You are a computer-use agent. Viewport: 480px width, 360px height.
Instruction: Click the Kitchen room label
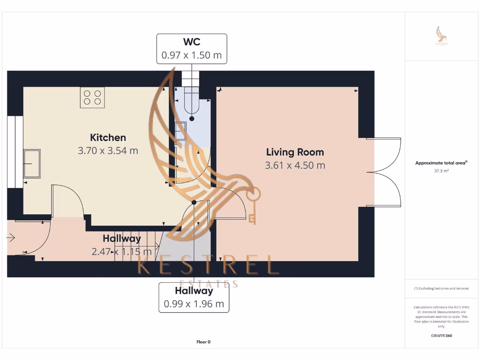point(108,137)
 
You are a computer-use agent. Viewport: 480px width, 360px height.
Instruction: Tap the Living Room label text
point(295,152)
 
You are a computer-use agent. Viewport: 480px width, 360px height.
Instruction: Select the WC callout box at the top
point(191,48)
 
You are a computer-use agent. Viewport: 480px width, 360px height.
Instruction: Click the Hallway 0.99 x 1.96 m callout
point(194,297)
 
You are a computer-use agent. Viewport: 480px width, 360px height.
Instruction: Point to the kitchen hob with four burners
point(92,97)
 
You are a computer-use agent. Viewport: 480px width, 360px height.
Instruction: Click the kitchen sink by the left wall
point(32,164)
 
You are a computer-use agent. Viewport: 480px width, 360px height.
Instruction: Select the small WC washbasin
point(180,131)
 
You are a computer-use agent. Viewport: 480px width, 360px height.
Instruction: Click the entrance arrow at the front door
point(11,238)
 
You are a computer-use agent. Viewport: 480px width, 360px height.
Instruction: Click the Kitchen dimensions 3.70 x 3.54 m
point(108,150)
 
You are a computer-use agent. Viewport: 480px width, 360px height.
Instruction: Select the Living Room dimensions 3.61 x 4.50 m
point(295,165)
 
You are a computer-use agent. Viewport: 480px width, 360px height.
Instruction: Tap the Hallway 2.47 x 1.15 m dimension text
point(122,252)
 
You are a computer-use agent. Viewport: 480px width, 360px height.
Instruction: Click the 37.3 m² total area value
point(442,172)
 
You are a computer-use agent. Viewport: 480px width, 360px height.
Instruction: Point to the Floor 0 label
point(203,342)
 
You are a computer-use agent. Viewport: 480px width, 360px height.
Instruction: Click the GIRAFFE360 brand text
point(442,336)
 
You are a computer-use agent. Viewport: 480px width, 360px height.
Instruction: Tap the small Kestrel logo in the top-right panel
point(442,36)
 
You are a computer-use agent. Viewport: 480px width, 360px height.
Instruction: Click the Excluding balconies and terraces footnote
point(442,288)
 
